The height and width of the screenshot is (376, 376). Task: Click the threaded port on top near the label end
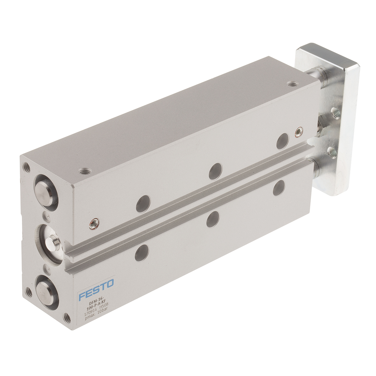tap(84, 171)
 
